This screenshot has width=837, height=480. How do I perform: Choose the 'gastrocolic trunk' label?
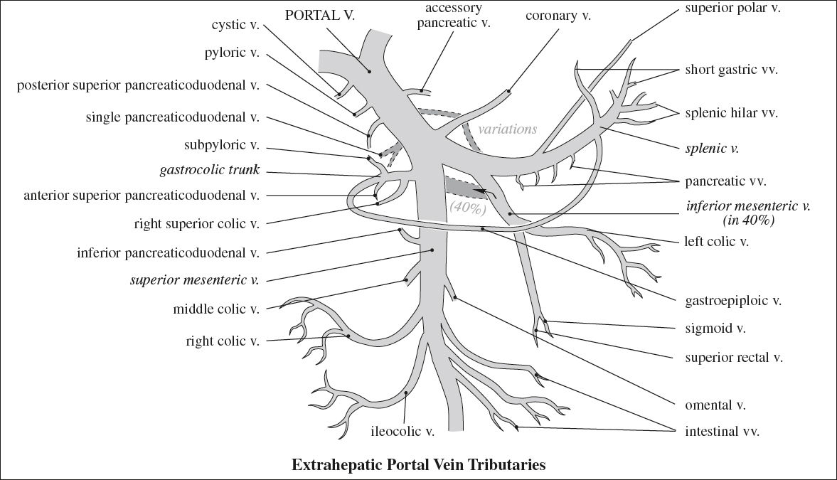(210, 171)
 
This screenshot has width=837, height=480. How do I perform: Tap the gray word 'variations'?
(507, 129)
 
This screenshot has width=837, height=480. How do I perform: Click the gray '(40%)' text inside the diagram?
(467, 208)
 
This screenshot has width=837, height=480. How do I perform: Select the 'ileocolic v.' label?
(402, 430)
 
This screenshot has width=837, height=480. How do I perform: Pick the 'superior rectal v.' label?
(734, 357)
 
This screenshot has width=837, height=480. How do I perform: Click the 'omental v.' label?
(715, 405)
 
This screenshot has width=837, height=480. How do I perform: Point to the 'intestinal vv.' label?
(722, 431)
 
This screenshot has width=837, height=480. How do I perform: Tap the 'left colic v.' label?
(717, 241)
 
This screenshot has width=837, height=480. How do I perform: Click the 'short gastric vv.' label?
(732, 70)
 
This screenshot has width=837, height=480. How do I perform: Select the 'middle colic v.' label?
(215, 309)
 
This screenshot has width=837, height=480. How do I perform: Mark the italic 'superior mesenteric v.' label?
(194, 279)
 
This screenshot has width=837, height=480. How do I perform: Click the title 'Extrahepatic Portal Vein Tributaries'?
(418, 465)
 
